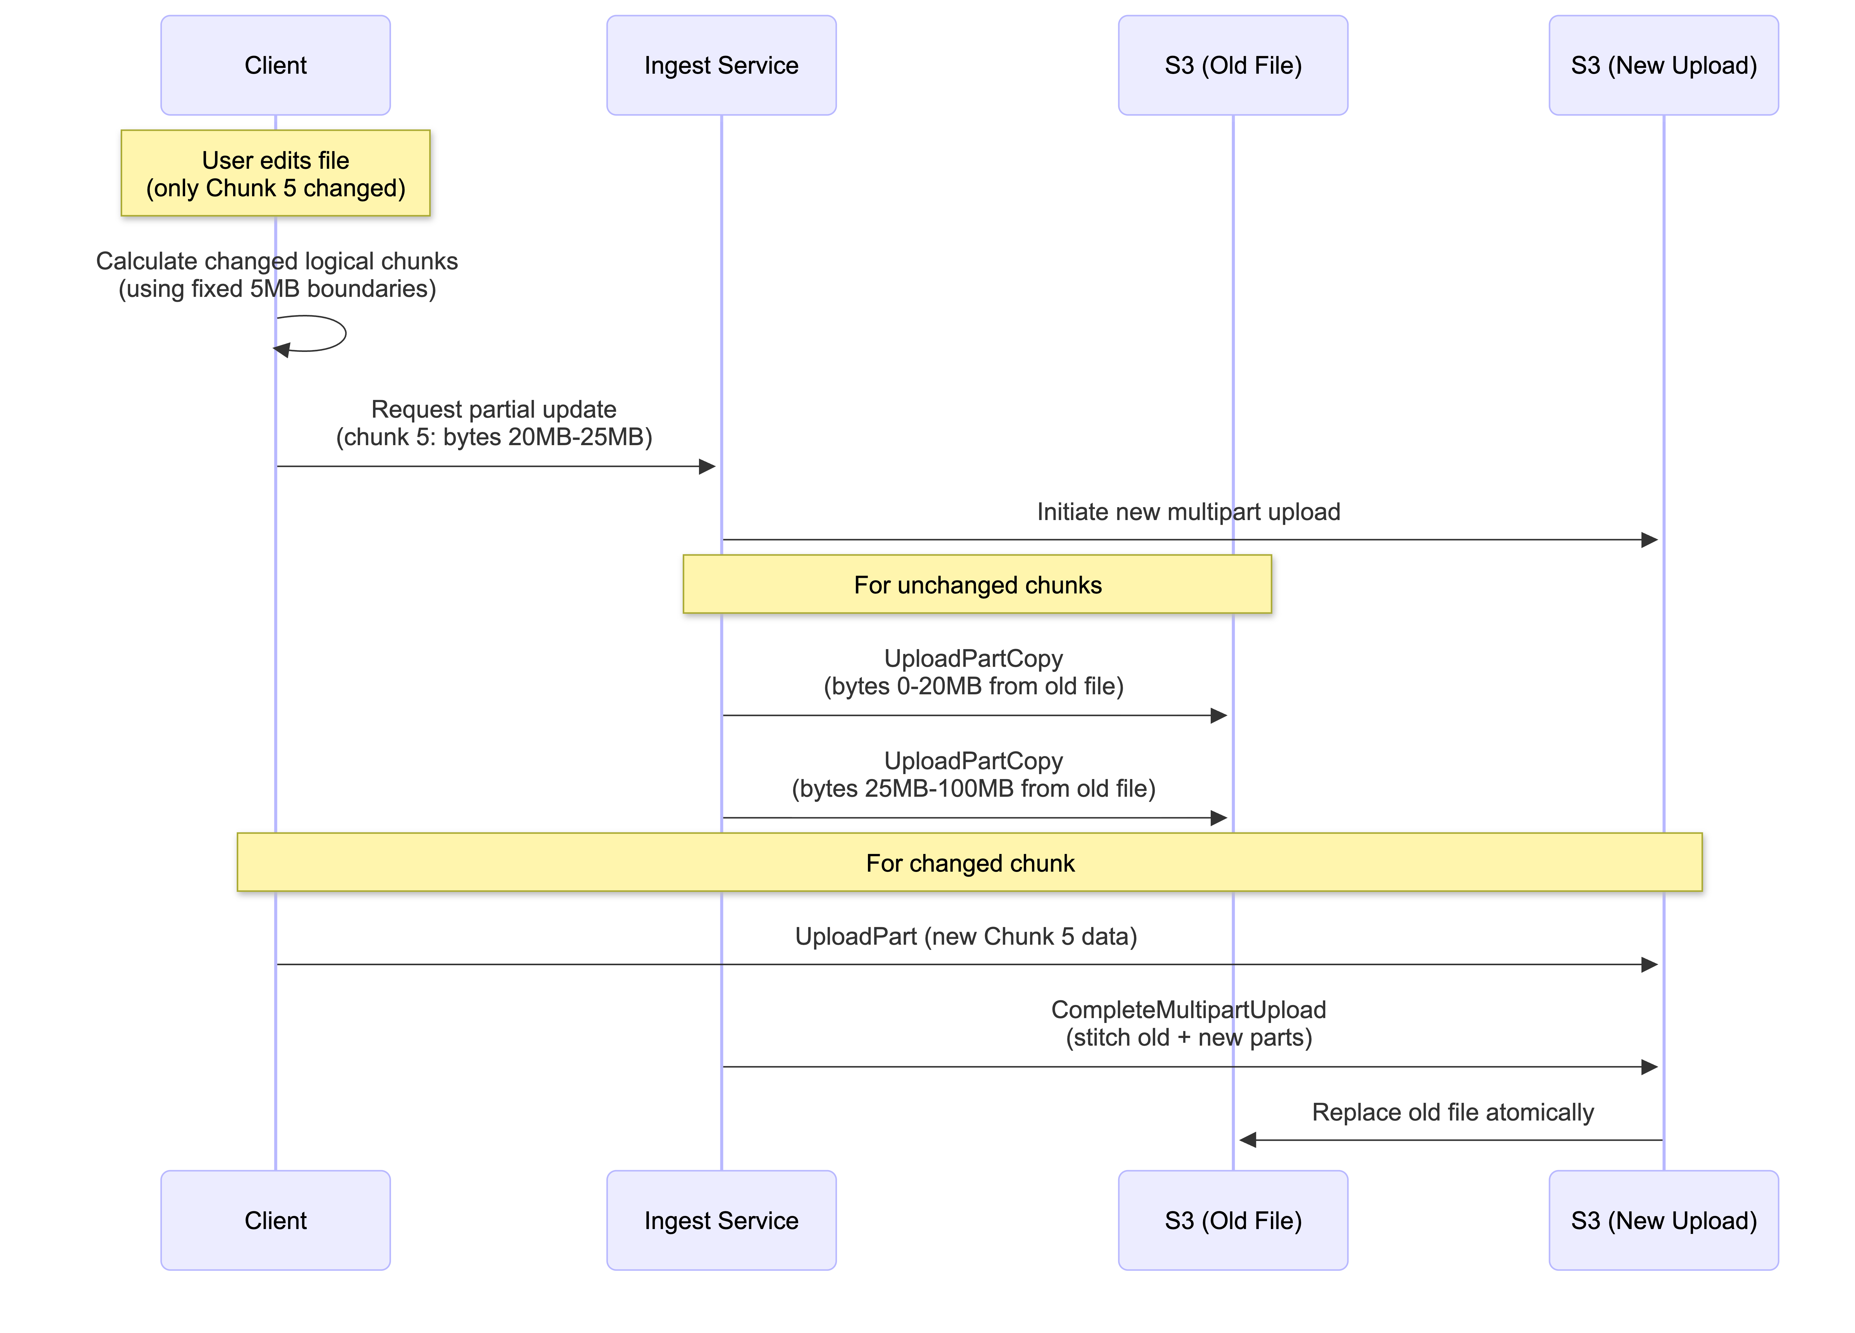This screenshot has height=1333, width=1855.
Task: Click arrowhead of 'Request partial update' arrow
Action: point(708,467)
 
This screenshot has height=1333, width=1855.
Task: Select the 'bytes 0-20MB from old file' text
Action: point(973,686)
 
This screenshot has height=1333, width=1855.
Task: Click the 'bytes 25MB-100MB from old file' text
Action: point(973,788)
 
